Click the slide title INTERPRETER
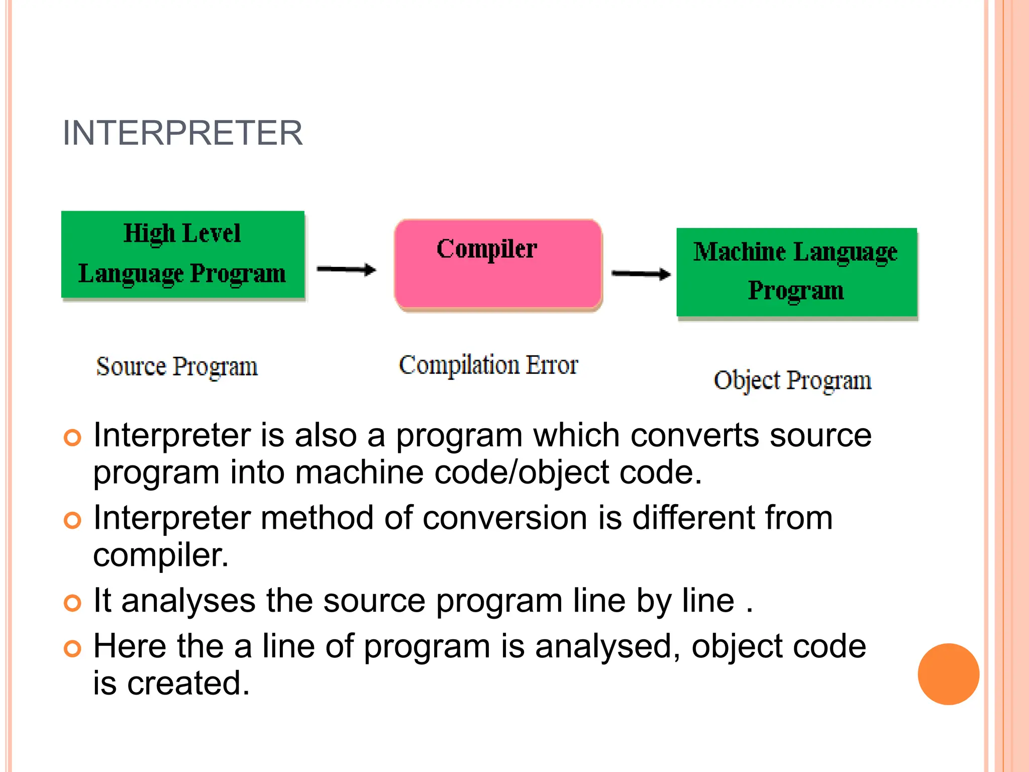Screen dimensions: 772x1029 pos(182,133)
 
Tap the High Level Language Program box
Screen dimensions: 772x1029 pos(183,254)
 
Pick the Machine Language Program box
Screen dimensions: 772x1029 pos(796,272)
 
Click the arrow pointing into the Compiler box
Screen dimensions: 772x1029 pos(346,270)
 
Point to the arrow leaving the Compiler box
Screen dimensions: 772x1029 pos(641,274)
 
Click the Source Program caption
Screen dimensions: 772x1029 pos(177,366)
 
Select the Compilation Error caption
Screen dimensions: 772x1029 pos(488,365)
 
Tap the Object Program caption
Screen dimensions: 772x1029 pos(792,380)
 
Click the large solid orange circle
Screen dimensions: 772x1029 pos(948,674)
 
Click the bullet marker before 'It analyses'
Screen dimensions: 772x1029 pos(72,603)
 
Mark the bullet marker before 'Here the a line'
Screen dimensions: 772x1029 pos(72,648)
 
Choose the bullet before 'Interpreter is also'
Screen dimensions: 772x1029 pos(72,437)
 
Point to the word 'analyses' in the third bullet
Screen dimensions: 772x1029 pos(188,601)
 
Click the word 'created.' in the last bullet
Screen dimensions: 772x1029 pos(188,684)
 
